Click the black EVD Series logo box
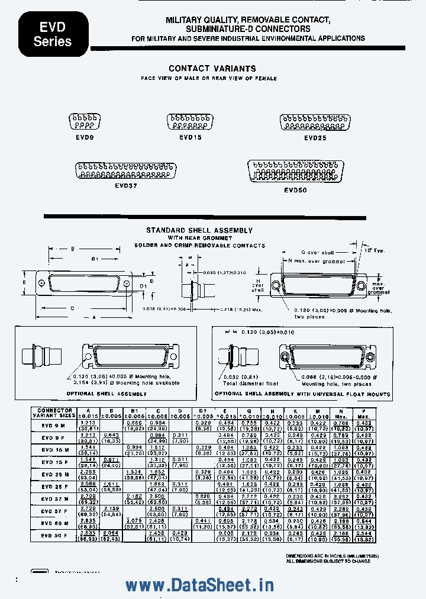53,34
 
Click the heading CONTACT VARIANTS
212,69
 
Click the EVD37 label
126,185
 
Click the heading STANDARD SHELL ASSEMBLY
199,230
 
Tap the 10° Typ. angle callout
375,250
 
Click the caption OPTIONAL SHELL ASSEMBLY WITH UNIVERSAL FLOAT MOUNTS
302,394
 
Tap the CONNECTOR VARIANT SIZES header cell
54,413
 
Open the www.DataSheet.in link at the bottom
199,585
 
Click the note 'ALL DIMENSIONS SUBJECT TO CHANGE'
328,561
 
